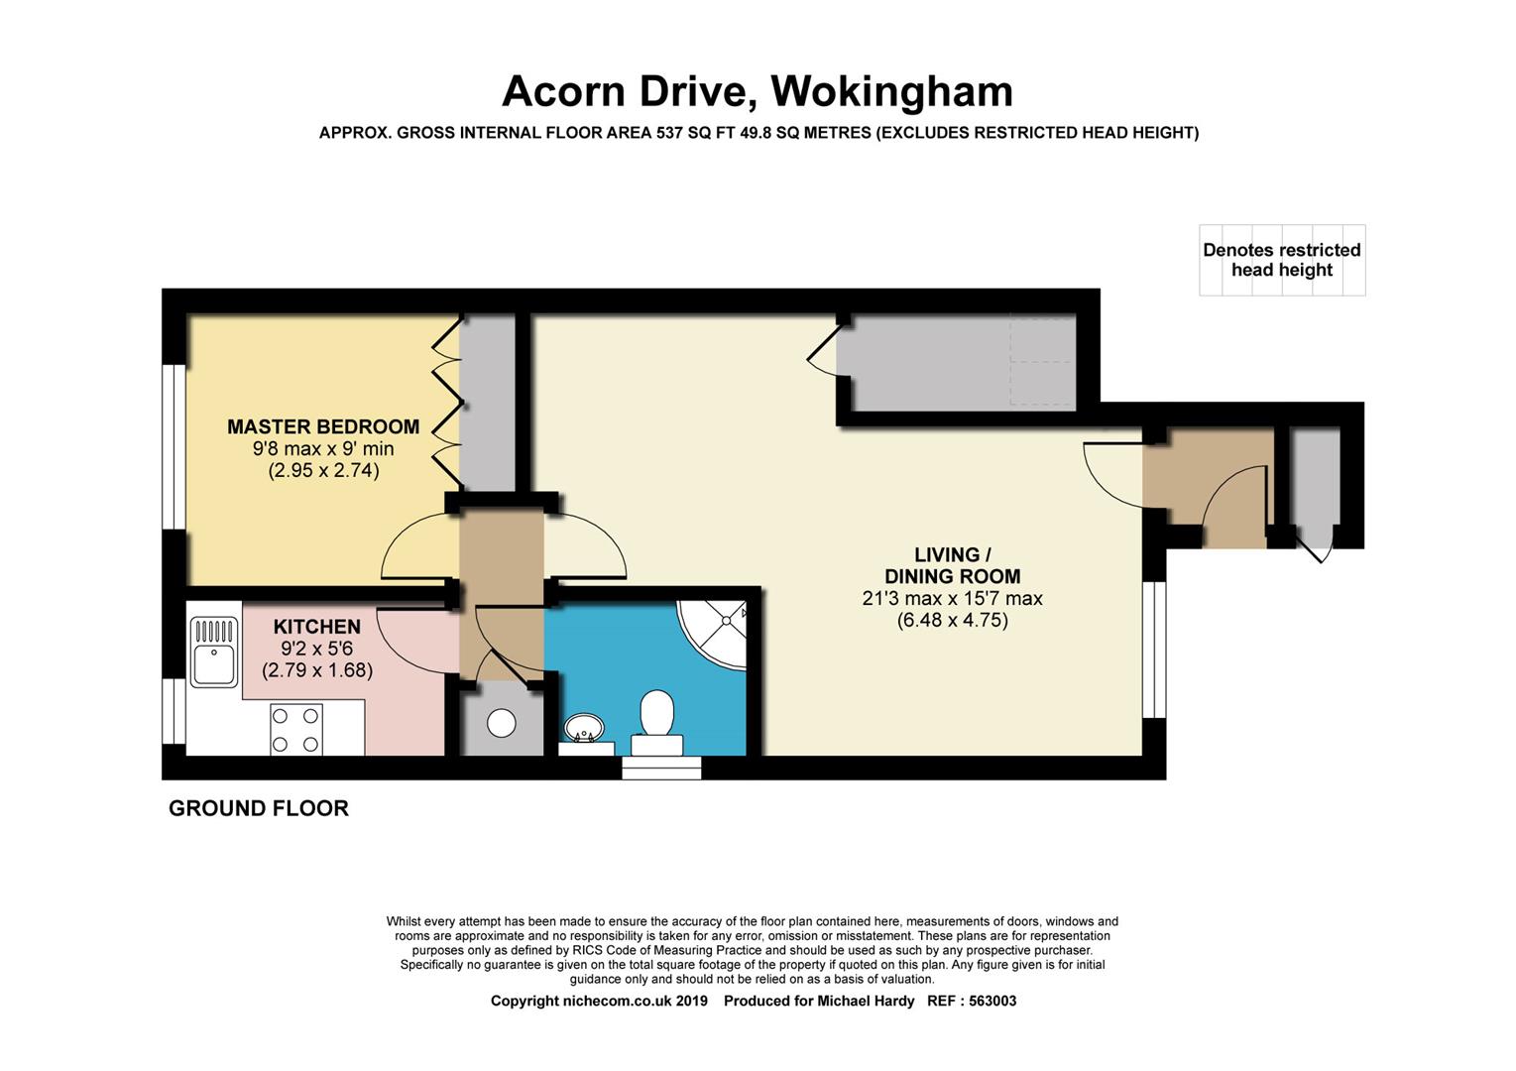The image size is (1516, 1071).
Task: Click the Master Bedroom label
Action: tap(323, 427)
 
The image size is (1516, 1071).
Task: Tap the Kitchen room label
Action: tap(316, 626)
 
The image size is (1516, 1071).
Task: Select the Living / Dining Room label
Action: tap(952, 565)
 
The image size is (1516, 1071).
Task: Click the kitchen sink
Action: tap(214, 653)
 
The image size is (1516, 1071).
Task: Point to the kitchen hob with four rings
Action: tap(295, 730)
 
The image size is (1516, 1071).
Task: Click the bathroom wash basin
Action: tap(584, 729)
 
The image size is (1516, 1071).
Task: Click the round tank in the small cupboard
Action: tap(502, 723)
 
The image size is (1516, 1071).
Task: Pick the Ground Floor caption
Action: tap(259, 808)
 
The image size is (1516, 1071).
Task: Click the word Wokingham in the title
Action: tap(891, 91)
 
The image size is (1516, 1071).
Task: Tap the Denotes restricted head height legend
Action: tap(1282, 260)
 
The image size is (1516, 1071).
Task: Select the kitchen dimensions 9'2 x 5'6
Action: tap(316, 649)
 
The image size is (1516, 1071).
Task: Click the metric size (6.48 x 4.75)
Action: tap(952, 620)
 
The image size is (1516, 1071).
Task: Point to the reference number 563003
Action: tap(992, 1001)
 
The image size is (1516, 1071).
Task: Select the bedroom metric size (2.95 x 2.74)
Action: tap(323, 470)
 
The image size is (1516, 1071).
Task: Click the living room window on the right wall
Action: tap(1154, 650)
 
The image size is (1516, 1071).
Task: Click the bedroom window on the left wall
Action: tap(174, 447)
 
